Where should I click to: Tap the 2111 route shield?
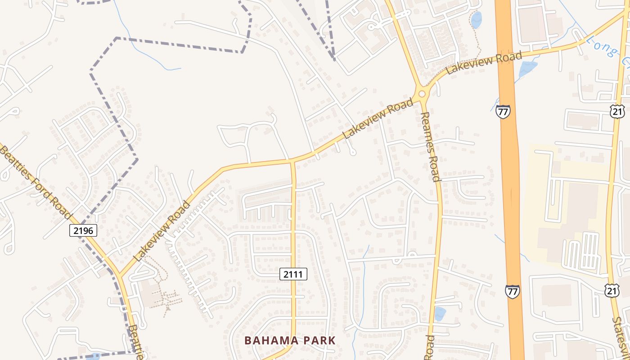[293, 274]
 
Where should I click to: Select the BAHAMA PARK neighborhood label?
[290, 341]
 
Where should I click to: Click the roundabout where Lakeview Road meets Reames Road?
[422, 94]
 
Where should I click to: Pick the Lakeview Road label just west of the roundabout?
[378, 119]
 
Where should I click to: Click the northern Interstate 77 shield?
[503, 111]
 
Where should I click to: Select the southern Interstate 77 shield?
[512, 291]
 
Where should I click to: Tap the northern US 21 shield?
[616, 111]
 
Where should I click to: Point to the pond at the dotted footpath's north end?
[476, 20]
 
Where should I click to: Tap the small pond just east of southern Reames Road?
[440, 313]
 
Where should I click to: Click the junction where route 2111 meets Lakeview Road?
[292, 160]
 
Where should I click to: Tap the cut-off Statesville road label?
[621, 337]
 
